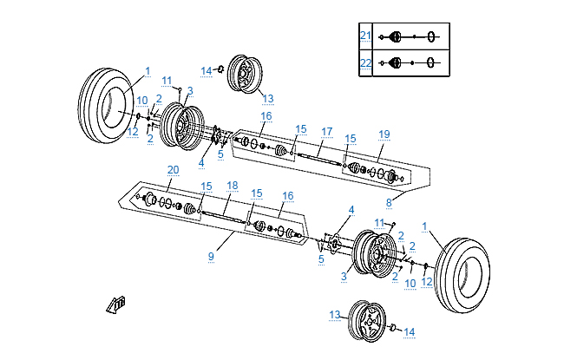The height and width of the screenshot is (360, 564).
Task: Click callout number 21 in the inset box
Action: (x=365, y=36)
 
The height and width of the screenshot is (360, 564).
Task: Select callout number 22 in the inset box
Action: (x=365, y=62)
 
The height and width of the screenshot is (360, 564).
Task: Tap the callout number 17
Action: (x=327, y=132)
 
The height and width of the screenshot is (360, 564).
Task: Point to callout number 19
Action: (x=384, y=134)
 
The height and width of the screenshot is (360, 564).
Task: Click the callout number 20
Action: (x=173, y=169)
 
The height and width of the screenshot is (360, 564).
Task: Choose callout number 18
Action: (x=232, y=186)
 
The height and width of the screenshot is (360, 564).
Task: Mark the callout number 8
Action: (x=390, y=203)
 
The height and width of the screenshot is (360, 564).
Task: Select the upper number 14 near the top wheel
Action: (x=207, y=70)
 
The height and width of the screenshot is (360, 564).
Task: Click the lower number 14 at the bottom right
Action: (x=410, y=331)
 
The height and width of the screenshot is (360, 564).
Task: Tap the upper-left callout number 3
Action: (x=190, y=90)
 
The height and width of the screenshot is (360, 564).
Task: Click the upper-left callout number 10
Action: (x=141, y=101)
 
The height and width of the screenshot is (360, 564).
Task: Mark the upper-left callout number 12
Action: (x=132, y=132)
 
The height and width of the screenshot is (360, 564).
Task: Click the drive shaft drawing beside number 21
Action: (x=412, y=36)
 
